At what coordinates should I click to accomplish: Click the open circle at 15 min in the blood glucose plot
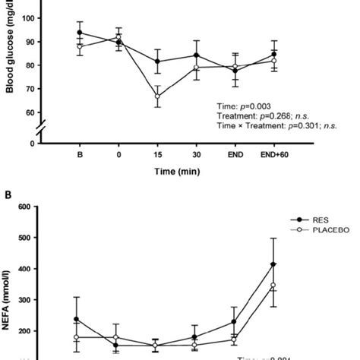pyautogui.click(x=157, y=96)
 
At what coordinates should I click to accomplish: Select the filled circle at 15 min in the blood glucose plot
pyautogui.click(x=157, y=62)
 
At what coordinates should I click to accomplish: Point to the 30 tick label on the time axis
pyautogui.click(x=196, y=156)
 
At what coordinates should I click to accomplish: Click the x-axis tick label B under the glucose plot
pyautogui.click(x=80, y=156)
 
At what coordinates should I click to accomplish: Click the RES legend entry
pyautogui.click(x=307, y=225)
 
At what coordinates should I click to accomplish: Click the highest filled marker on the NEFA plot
pyautogui.click(x=273, y=264)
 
